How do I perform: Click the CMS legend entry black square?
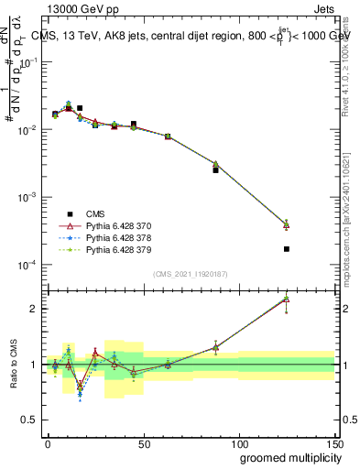tap(70, 213)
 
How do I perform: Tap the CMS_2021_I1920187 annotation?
tap(189, 273)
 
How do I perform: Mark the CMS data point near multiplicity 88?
tap(216, 170)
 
